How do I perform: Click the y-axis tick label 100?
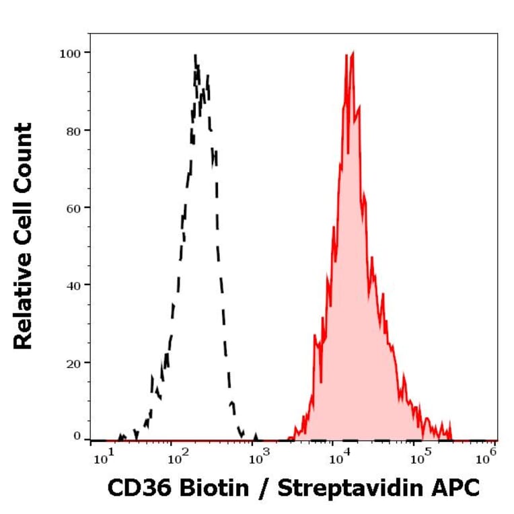[71, 52]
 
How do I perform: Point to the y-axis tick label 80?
[73, 130]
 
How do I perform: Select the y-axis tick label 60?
[73, 207]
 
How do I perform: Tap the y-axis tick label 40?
[73, 285]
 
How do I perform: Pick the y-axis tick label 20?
[73, 363]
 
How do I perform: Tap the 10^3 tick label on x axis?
[260, 459]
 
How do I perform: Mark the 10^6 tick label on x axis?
[486, 459]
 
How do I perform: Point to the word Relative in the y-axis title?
[24, 302]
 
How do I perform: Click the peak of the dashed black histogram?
[195, 57]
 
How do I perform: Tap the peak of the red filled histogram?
[352, 53]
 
